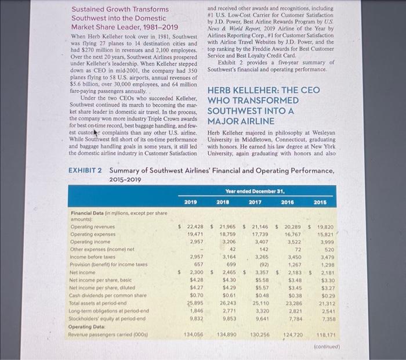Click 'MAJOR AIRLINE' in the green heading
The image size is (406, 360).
click(x=240, y=121)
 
